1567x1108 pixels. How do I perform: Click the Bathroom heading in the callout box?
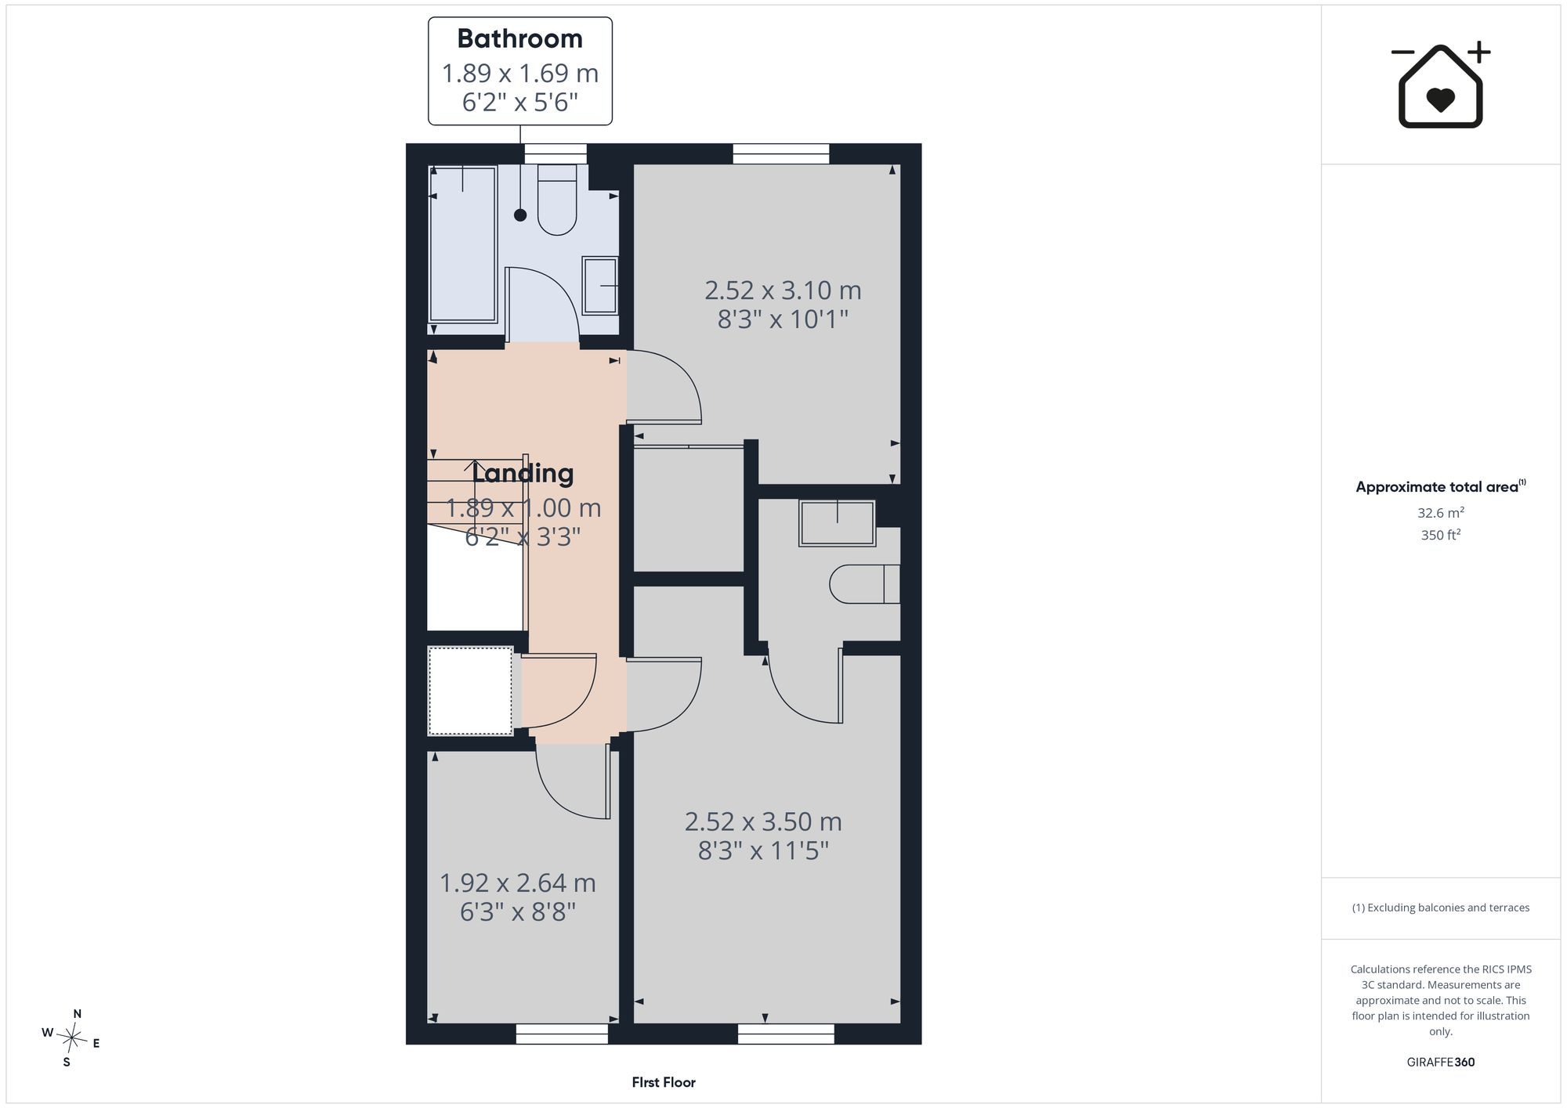click(x=519, y=39)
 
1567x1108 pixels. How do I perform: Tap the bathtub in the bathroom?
click(x=463, y=244)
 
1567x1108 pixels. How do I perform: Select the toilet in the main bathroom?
click(x=557, y=200)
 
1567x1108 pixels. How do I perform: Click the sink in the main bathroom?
click(x=600, y=286)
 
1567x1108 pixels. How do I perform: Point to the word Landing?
click(x=523, y=474)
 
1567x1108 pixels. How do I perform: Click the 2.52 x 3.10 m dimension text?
click(x=783, y=291)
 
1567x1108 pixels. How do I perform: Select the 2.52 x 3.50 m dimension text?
click(x=763, y=822)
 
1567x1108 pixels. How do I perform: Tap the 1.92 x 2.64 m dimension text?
click(x=518, y=883)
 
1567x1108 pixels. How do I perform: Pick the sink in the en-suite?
click(x=837, y=523)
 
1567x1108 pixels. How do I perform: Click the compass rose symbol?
click(x=71, y=1038)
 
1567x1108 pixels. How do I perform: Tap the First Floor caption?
click(x=664, y=1082)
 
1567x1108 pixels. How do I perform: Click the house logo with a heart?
click(x=1441, y=85)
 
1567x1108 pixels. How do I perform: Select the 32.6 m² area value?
click(x=1441, y=513)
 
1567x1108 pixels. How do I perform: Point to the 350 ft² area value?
click(x=1441, y=535)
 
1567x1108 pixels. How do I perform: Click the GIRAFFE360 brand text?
click(x=1441, y=1063)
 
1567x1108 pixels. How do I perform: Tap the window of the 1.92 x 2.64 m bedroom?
click(x=562, y=1034)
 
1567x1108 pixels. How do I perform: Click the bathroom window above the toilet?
click(x=556, y=153)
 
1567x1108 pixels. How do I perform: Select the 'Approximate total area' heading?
click(x=1441, y=486)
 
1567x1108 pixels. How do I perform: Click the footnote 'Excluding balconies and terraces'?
click(x=1441, y=908)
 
